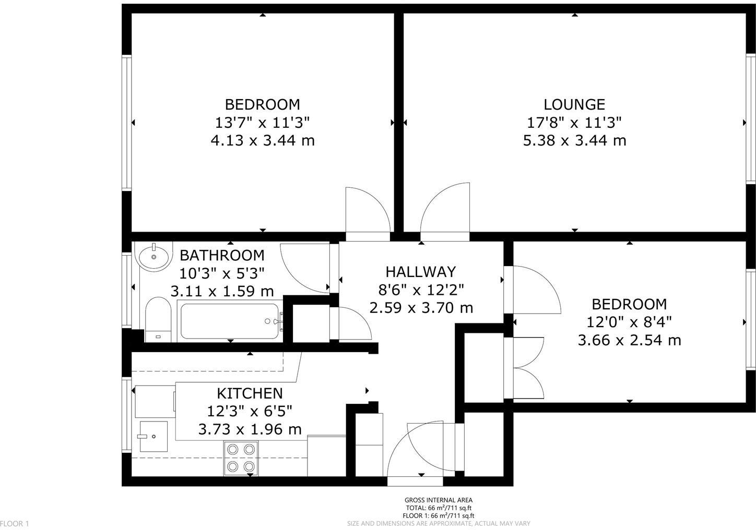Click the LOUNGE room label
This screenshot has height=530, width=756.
(574, 104)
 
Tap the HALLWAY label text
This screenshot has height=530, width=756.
(420, 272)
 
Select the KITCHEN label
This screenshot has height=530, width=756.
(250, 393)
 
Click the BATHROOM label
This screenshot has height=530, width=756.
(222, 256)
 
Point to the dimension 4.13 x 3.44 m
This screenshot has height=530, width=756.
(262, 140)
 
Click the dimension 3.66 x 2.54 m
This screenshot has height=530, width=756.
(629, 341)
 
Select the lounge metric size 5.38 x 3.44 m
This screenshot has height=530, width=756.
(574, 140)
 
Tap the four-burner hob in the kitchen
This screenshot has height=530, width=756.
(241, 457)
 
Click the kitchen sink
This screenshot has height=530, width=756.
(153, 436)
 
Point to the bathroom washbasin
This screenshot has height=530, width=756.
(153, 256)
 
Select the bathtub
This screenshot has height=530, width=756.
(230, 321)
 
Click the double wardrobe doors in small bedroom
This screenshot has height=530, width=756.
(527, 368)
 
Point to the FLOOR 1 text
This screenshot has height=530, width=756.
(15, 523)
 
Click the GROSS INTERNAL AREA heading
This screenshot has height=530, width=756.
(439, 500)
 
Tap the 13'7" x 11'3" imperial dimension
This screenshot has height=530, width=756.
(262, 123)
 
